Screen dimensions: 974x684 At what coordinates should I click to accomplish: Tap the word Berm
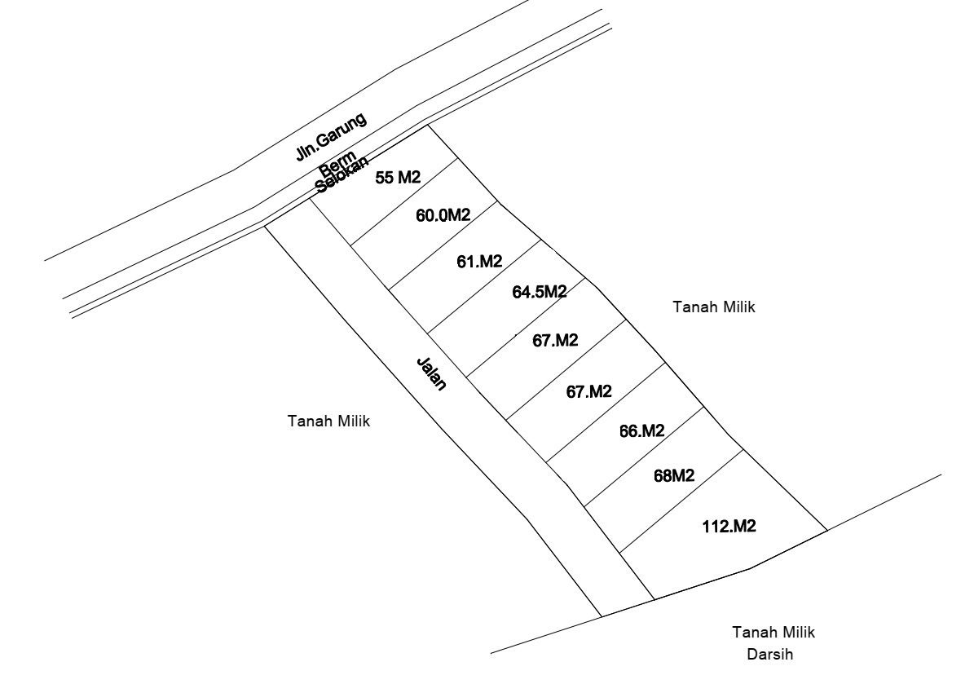(x=337, y=163)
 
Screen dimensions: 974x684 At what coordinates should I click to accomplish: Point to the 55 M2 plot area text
(x=398, y=178)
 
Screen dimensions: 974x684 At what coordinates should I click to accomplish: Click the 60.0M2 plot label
(x=443, y=215)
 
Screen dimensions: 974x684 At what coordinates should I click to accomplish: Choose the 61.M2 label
(x=479, y=262)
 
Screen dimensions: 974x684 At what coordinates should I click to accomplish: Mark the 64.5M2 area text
(x=540, y=291)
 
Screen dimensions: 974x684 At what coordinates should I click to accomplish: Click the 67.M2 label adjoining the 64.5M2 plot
(x=555, y=340)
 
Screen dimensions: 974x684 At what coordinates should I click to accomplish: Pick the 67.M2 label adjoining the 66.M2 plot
(x=588, y=391)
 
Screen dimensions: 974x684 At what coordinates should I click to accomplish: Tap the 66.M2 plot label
(x=641, y=430)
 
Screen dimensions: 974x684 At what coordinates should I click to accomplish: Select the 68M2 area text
(x=674, y=475)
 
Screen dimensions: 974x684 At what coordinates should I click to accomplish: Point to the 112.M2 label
(x=729, y=526)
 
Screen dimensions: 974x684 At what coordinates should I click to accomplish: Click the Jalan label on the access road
(x=431, y=373)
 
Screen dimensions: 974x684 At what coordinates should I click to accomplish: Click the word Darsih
(x=769, y=654)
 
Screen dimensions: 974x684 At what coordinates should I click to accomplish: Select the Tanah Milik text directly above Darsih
(x=773, y=633)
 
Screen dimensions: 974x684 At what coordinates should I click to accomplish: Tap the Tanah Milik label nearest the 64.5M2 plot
(x=714, y=307)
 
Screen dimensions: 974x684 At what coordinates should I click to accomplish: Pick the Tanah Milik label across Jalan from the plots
(x=328, y=421)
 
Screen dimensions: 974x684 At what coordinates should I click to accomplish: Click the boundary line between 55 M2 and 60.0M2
(x=404, y=202)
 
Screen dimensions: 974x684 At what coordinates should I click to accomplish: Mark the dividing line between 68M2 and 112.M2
(x=681, y=501)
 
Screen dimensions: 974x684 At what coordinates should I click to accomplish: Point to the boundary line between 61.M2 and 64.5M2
(x=484, y=286)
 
